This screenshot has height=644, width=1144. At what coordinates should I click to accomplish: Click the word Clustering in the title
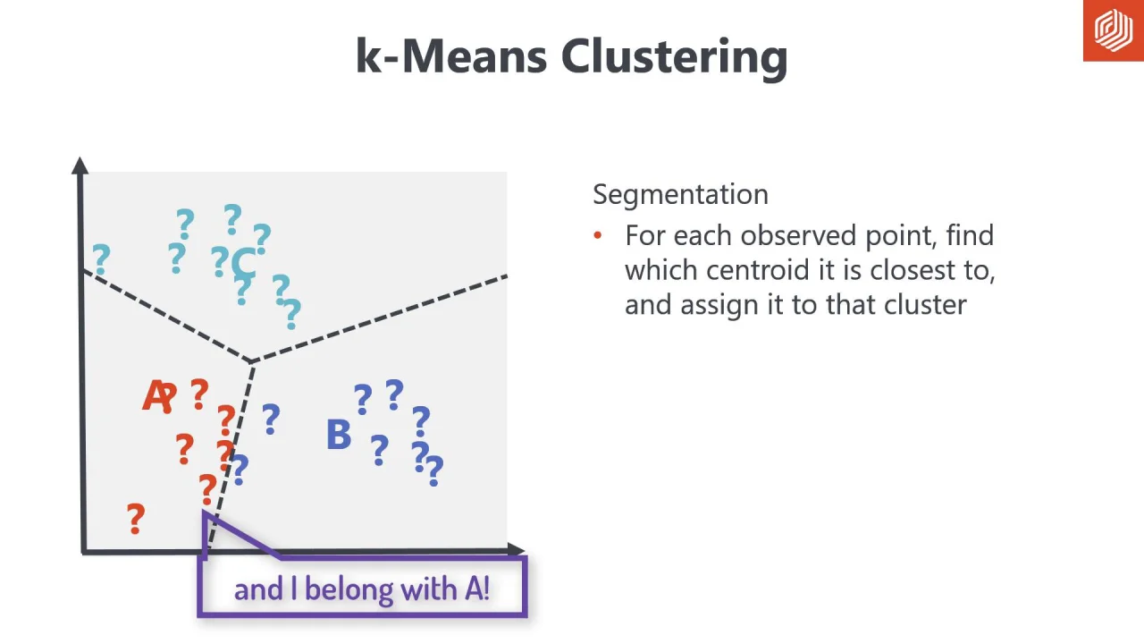(x=674, y=57)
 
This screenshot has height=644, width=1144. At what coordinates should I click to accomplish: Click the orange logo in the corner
(x=1113, y=30)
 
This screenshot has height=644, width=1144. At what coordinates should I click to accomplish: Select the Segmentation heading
(x=680, y=194)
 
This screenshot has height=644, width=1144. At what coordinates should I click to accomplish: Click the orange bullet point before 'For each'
(x=598, y=236)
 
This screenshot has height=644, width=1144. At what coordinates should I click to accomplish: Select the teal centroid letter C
(x=242, y=264)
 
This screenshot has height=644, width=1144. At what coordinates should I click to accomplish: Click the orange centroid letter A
(x=155, y=397)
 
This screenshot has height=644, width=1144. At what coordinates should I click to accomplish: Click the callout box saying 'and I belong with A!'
(x=362, y=588)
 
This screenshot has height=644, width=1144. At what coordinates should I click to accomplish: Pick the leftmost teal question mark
(x=101, y=259)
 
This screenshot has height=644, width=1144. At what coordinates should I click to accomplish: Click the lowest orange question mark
(x=135, y=519)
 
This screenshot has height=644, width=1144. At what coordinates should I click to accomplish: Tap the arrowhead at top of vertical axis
(x=80, y=165)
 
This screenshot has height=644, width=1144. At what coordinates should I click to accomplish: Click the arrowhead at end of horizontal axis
(x=516, y=550)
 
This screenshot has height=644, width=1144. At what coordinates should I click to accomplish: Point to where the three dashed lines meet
(x=252, y=361)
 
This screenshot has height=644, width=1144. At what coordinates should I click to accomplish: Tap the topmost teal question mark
(x=232, y=218)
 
